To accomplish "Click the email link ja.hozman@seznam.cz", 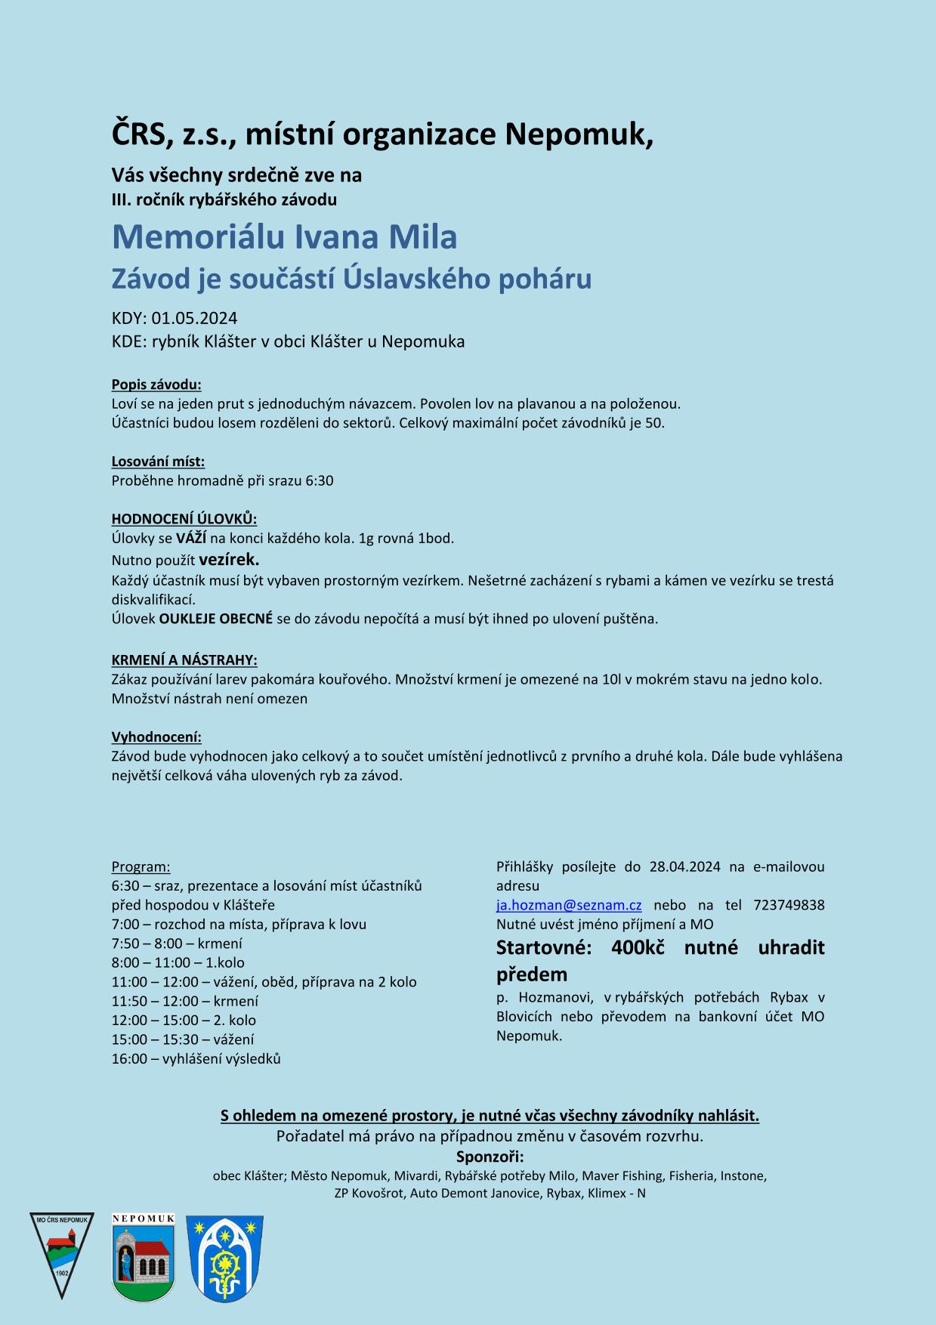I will [x=569, y=905].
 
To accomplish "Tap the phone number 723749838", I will [x=789, y=905].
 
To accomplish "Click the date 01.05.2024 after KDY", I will [x=195, y=318].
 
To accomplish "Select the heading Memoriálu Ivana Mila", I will [x=285, y=237].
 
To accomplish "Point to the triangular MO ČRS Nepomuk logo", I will [x=62, y=1254].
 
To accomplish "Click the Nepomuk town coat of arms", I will [x=144, y=1258].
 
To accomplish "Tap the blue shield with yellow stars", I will [x=224, y=1259].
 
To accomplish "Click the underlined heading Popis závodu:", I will [x=156, y=385].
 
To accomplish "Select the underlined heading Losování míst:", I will [x=158, y=462].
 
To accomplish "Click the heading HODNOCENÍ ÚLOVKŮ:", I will [x=184, y=519].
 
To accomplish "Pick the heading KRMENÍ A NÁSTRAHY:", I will [x=184, y=660].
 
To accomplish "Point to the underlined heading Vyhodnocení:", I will [x=156, y=737].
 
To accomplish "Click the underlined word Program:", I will [x=141, y=866].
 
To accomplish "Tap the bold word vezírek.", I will [x=229, y=560].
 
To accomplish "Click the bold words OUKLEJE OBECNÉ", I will [x=216, y=619].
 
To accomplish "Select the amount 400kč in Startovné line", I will [x=638, y=947].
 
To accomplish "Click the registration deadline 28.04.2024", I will [x=684, y=866].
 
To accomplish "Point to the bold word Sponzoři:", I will [x=490, y=1157].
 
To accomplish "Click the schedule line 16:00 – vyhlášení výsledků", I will [x=196, y=1058].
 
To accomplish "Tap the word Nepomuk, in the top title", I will [x=579, y=134].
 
